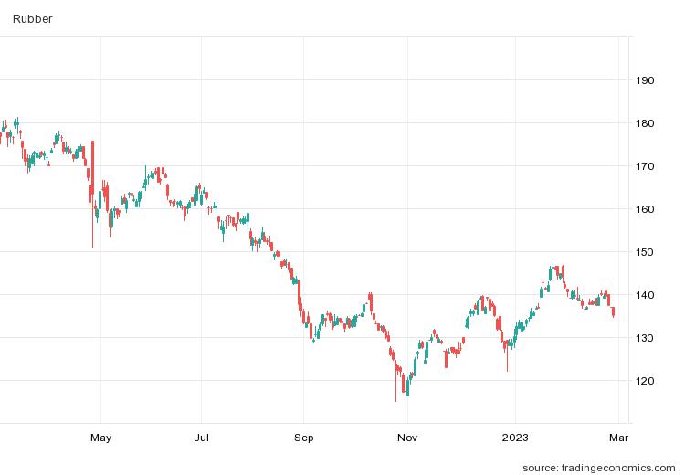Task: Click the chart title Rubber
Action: [32, 18]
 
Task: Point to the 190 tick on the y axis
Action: [645, 80]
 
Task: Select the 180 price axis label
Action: [645, 123]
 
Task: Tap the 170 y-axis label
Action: [645, 166]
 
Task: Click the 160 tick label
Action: [645, 209]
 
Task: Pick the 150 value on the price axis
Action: [645, 252]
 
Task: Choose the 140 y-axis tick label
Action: [645, 295]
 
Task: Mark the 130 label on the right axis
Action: [645, 338]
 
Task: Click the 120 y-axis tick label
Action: [645, 381]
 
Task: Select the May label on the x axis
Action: [100, 438]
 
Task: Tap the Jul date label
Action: [202, 438]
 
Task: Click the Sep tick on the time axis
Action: [304, 438]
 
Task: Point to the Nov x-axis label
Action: [408, 438]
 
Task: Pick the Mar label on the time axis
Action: [617, 438]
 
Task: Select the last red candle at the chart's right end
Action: [613, 312]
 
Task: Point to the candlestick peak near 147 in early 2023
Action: [552, 266]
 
